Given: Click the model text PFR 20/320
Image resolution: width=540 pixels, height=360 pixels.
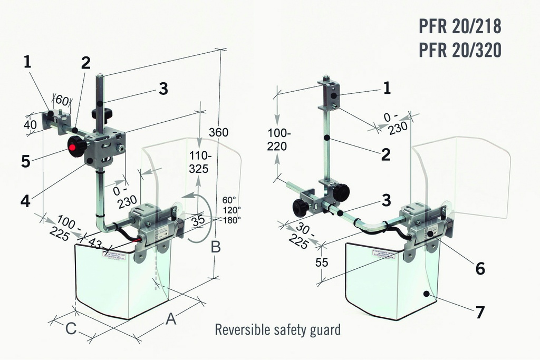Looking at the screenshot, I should tap(459, 50).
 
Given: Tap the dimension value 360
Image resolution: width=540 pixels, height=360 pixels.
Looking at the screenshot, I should tap(218, 132).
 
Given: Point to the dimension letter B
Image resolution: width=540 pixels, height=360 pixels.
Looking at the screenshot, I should tap(215, 247).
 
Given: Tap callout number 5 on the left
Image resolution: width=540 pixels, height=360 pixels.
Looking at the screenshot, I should tap(25, 161).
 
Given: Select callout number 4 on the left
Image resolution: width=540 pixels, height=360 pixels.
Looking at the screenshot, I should tap(25, 201).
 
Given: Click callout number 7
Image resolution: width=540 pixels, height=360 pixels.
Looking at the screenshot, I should tap(480, 312).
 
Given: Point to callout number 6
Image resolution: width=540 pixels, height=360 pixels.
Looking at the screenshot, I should tap(480, 268).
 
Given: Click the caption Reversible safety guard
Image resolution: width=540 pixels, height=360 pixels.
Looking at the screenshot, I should tap(277, 330).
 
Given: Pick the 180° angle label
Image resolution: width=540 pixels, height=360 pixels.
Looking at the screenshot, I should tap(232, 219).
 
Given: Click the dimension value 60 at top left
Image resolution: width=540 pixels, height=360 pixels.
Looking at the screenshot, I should tap(62, 100).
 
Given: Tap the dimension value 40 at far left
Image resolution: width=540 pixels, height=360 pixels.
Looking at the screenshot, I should tap(31, 124).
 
